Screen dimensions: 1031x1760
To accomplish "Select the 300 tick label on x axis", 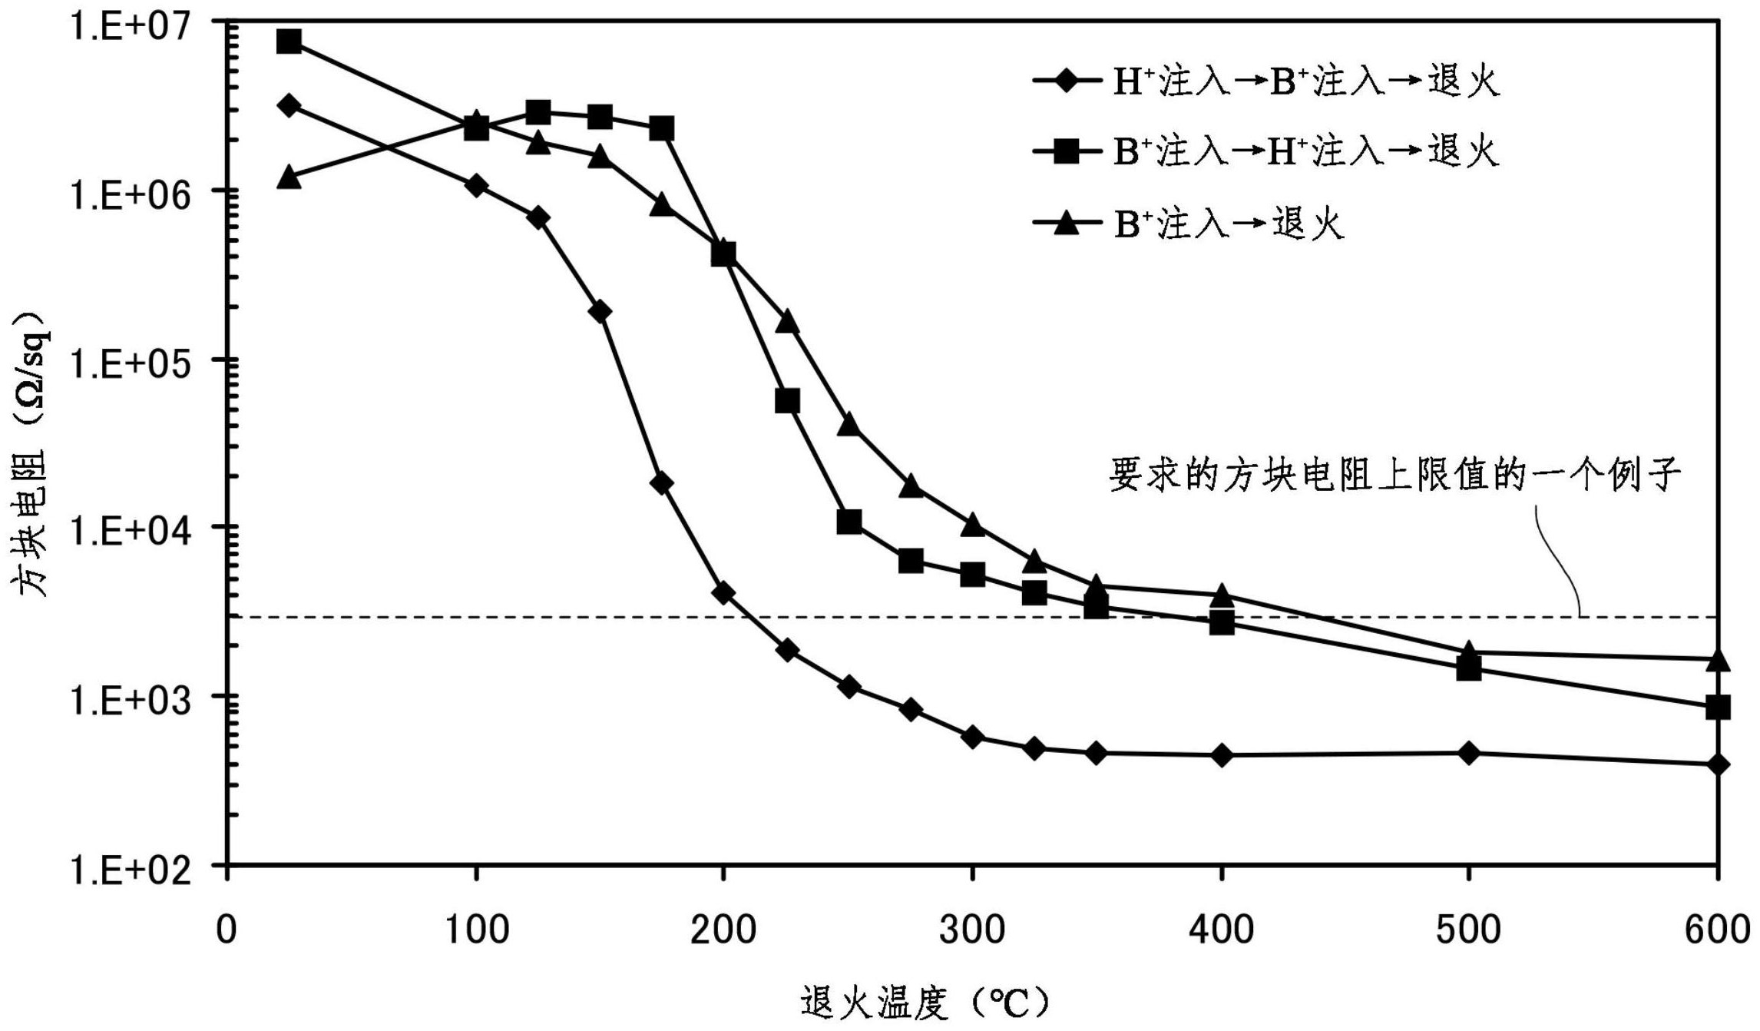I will tap(971, 930).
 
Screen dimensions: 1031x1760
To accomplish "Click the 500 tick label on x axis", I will tap(1467, 930).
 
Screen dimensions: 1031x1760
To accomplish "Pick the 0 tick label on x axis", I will tap(226, 930).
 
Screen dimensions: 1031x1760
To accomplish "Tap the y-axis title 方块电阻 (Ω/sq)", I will tap(31, 453).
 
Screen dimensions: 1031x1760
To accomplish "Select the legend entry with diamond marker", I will tap(1267, 81).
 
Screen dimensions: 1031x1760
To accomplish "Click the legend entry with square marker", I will tap(1267, 151).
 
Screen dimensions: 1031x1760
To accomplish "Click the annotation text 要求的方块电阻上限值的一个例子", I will tap(1394, 474).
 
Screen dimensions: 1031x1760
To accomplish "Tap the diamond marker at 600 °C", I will tap(1718, 764).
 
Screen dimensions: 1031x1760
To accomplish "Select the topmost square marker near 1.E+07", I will tap(289, 41).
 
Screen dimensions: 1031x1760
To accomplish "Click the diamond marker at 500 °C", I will tap(1468, 754).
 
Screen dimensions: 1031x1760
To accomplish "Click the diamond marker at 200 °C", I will tap(723, 593).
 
